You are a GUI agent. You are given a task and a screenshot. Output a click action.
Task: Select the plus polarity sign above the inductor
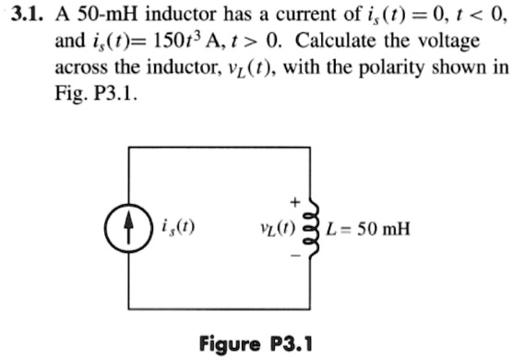tap(295, 198)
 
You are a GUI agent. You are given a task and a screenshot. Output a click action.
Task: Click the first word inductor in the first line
tap(183, 15)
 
